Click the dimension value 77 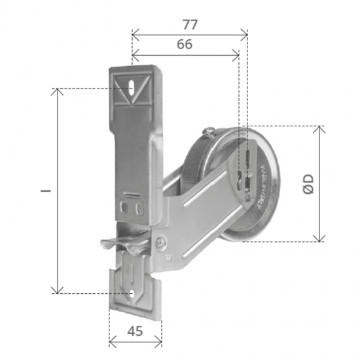(x=190, y=24)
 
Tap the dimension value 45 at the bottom (x=134, y=331)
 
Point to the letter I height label (x=45, y=190)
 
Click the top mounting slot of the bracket (x=133, y=88)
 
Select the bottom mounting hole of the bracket (x=133, y=294)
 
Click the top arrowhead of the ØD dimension (x=319, y=128)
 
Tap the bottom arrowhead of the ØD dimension (x=319, y=239)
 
